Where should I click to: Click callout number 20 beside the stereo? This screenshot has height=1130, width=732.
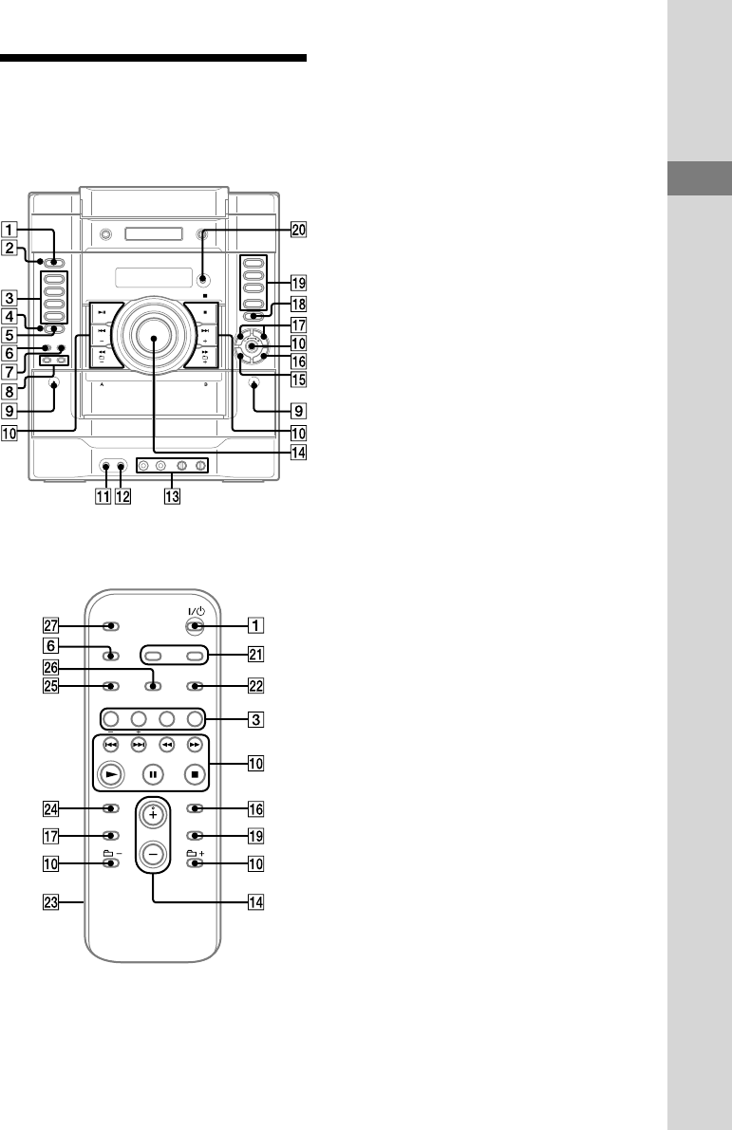point(298,230)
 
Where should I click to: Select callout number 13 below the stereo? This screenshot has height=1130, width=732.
point(172,496)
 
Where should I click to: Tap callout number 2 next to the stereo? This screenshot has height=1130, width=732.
point(9,248)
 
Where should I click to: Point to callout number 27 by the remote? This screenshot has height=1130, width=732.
point(50,626)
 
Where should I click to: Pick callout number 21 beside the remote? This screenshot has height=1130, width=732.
point(256,655)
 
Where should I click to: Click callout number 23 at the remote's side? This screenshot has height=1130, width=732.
point(50,902)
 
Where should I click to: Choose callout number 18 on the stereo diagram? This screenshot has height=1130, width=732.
point(298,304)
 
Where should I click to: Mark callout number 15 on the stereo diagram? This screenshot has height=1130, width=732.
point(298,380)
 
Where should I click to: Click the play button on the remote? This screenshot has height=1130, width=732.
point(110,775)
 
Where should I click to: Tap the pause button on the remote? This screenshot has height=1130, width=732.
point(153,775)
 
